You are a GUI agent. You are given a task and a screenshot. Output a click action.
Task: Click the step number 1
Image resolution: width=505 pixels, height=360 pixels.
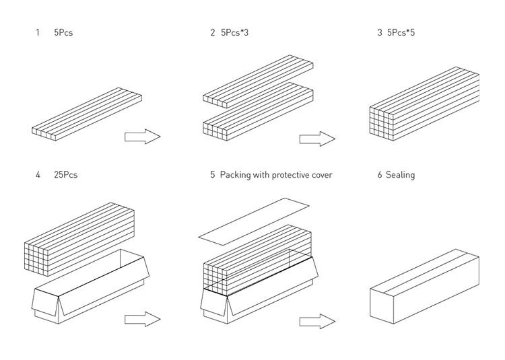tap(38, 32)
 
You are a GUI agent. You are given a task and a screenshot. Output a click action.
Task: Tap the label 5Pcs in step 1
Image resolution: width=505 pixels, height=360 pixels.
tap(63, 32)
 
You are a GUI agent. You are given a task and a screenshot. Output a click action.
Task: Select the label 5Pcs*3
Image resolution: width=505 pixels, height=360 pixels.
tap(234, 32)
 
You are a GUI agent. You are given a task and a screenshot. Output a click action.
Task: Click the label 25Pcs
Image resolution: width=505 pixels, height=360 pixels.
tap(66, 175)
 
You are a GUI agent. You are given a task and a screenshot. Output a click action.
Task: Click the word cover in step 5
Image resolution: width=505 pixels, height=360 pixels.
tap(320, 175)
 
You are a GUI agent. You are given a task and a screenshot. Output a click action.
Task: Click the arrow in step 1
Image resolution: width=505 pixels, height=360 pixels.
tap(142, 137)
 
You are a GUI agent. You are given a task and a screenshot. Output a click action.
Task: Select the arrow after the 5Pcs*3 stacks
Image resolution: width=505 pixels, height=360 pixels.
tap(317, 139)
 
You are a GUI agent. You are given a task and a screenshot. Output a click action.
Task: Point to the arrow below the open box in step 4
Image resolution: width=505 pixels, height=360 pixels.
tap(142, 319)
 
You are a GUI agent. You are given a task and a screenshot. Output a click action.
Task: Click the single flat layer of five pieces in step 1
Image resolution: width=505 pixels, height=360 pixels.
tap(86, 114)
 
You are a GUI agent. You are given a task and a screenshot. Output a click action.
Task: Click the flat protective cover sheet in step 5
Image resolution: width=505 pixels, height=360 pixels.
tap(254, 219)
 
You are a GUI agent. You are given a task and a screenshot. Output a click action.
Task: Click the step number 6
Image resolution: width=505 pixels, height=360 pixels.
tap(380, 175)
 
